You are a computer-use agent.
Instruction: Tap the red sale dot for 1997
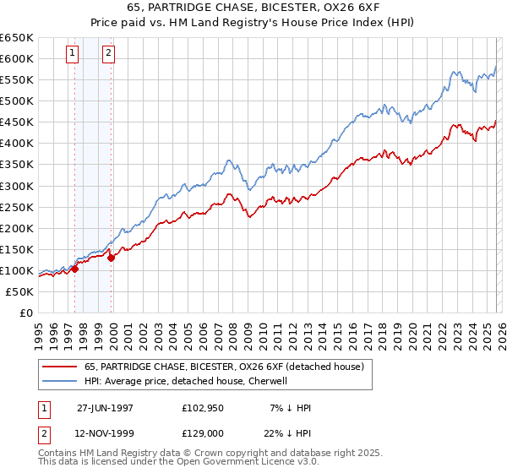[x=74, y=269]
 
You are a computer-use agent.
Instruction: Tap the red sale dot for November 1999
[x=111, y=258]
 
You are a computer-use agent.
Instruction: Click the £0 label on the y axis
[x=25, y=313]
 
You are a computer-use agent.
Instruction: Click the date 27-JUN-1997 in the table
[x=106, y=408]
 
